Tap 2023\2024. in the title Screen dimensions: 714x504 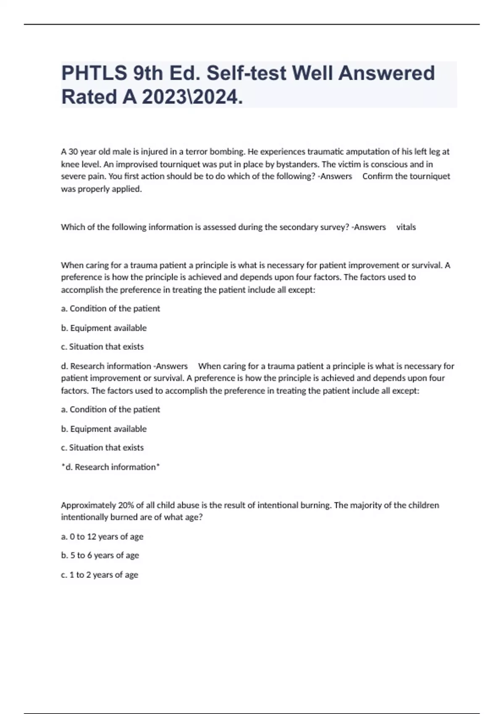(192, 97)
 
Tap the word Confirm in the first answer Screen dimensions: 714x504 (377, 176)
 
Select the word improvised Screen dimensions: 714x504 (136, 164)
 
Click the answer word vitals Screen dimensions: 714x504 (406, 227)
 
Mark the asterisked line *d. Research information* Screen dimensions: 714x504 (110, 467)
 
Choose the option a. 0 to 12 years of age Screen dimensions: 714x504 (102, 537)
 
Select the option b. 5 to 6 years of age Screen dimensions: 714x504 (100, 555)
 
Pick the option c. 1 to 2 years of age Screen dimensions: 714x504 (100, 575)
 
